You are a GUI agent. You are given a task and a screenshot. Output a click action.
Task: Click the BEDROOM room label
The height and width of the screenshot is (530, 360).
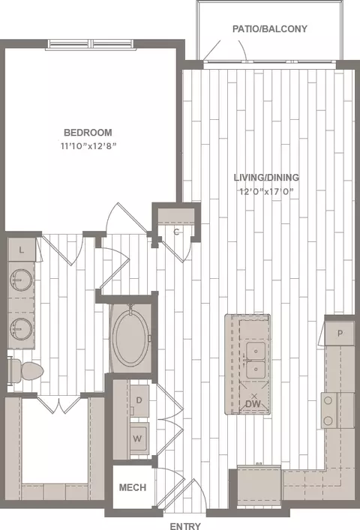click(88, 132)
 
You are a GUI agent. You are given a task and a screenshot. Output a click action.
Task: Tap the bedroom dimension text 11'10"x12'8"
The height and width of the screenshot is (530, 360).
click(88, 146)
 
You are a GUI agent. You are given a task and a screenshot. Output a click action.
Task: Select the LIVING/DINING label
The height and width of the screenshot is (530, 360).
click(266, 177)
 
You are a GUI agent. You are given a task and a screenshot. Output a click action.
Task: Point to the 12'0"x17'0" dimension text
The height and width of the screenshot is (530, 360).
click(266, 192)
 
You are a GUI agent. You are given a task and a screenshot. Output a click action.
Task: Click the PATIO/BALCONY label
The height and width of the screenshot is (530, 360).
click(270, 28)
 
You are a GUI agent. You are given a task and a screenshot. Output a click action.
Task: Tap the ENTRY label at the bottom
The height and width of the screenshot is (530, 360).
click(185, 526)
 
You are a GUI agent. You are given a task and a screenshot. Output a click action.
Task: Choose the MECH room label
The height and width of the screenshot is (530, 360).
click(133, 487)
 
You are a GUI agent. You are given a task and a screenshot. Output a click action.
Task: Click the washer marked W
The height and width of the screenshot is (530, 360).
click(139, 438)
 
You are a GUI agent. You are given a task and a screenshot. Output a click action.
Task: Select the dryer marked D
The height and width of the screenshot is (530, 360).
click(139, 400)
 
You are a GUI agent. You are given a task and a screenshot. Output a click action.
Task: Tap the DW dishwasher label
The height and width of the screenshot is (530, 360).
click(253, 403)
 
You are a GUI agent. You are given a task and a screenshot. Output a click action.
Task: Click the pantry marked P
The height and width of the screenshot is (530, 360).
click(340, 334)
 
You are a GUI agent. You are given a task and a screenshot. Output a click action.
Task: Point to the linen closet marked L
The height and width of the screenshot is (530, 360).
click(21, 250)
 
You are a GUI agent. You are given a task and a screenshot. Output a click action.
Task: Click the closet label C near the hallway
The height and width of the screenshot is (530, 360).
click(176, 232)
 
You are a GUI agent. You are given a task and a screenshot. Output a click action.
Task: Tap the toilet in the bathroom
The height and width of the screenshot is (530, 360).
click(26, 371)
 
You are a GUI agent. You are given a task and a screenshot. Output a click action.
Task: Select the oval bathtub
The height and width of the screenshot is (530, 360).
click(130, 337)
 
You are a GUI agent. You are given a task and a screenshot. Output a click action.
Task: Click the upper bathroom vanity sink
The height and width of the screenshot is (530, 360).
click(21, 280)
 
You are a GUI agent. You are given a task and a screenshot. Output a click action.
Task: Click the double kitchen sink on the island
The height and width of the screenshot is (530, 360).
click(256, 361)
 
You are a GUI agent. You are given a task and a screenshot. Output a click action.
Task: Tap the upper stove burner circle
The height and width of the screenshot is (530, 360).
click(328, 401)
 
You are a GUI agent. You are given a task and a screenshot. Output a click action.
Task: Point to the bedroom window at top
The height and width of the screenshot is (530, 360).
click(91, 45)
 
